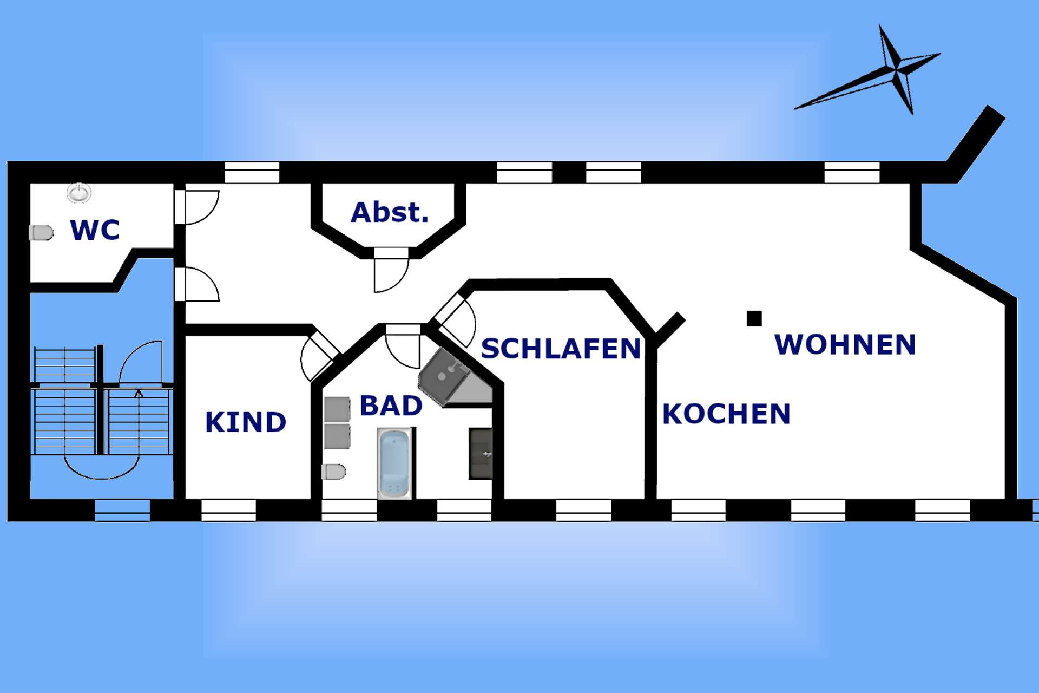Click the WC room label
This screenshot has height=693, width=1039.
[x=95, y=230]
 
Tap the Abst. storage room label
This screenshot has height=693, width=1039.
[x=390, y=212]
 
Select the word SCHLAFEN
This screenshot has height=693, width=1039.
[x=561, y=349]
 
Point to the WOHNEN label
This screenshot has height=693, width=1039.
[x=845, y=344]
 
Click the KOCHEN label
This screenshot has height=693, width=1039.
[x=726, y=414]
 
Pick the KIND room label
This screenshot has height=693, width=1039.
[x=245, y=422]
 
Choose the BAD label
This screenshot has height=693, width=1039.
[x=391, y=406]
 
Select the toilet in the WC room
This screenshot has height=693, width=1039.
[x=41, y=233]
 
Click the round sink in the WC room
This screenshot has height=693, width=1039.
[x=79, y=193]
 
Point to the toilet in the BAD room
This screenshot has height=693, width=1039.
[x=333, y=472]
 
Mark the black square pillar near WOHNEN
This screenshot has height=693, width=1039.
[x=754, y=318]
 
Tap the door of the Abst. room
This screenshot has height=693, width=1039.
[x=391, y=270]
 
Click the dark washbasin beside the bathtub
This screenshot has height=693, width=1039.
[x=481, y=454]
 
